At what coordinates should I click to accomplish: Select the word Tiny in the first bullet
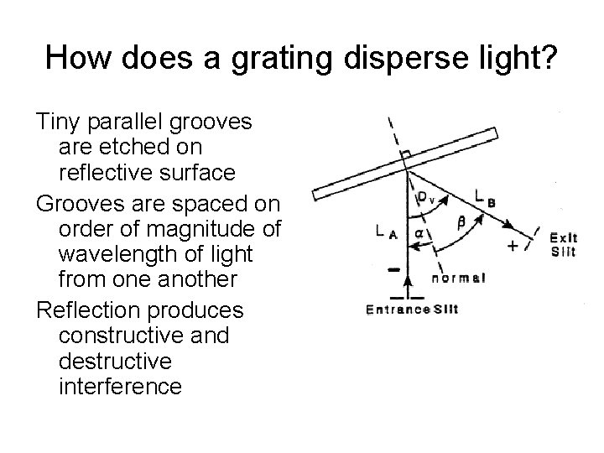63,122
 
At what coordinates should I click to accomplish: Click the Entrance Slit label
411,309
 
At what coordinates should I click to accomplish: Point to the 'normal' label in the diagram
461,277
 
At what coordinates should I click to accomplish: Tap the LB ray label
485,197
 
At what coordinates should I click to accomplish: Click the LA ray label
386,231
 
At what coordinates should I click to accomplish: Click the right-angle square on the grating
406,155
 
